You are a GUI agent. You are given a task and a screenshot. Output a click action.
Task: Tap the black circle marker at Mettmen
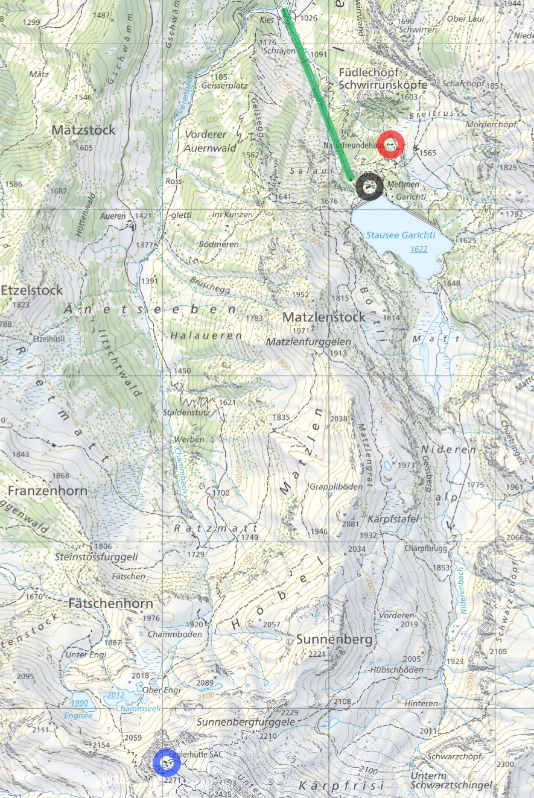369,186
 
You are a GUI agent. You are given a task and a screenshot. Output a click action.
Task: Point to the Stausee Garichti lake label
401,236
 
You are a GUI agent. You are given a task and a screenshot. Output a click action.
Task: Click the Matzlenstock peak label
324,317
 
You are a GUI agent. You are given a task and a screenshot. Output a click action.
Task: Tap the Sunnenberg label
335,639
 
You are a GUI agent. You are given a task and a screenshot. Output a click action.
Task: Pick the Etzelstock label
31,290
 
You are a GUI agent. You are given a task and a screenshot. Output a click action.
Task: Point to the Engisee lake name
80,716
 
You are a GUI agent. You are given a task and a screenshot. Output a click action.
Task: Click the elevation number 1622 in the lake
418,249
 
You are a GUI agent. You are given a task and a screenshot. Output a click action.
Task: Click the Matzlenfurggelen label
308,342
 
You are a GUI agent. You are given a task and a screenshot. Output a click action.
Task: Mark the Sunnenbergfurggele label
246,722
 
